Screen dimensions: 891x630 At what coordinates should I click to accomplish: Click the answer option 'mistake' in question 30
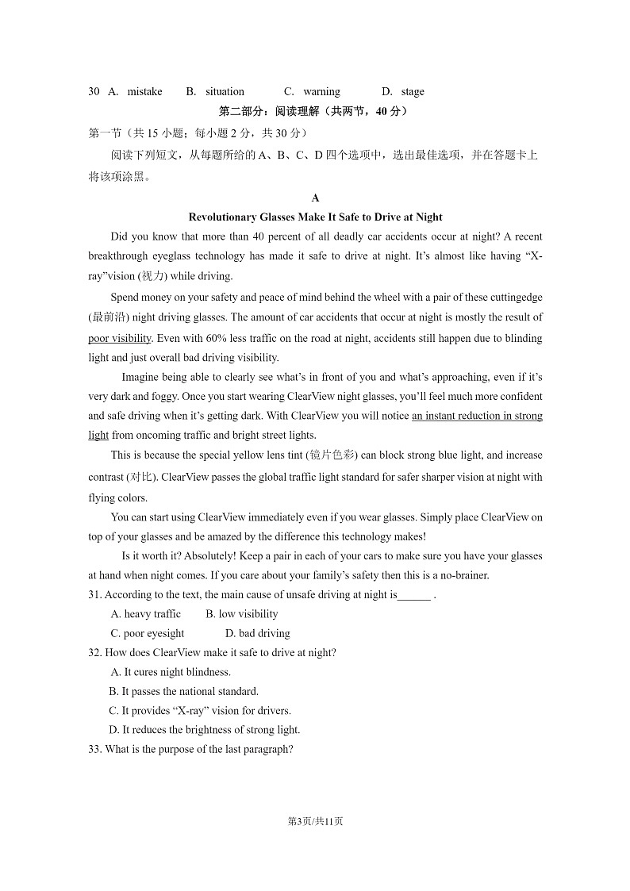click(144, 91)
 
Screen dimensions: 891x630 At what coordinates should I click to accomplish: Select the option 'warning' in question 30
click(321, 91)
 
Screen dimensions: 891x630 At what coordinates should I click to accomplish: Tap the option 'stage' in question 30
click(413, 91)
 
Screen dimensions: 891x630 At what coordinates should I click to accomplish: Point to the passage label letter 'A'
click(315, 198)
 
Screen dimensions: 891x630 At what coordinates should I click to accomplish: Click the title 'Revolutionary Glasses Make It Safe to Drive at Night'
click(315, 217)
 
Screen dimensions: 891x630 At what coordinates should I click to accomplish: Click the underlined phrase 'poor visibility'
click(120, 338)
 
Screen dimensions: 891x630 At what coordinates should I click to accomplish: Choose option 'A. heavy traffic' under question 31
click(146, 614)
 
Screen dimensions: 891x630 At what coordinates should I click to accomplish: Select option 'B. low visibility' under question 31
click(242, 614)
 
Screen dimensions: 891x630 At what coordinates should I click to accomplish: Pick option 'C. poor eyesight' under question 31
click(148, 633)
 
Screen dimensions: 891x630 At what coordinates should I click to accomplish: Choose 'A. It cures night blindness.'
click(171, 672)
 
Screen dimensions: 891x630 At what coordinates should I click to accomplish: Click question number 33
click(95, 749)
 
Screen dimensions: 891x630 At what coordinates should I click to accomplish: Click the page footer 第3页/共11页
click(315, 821)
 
